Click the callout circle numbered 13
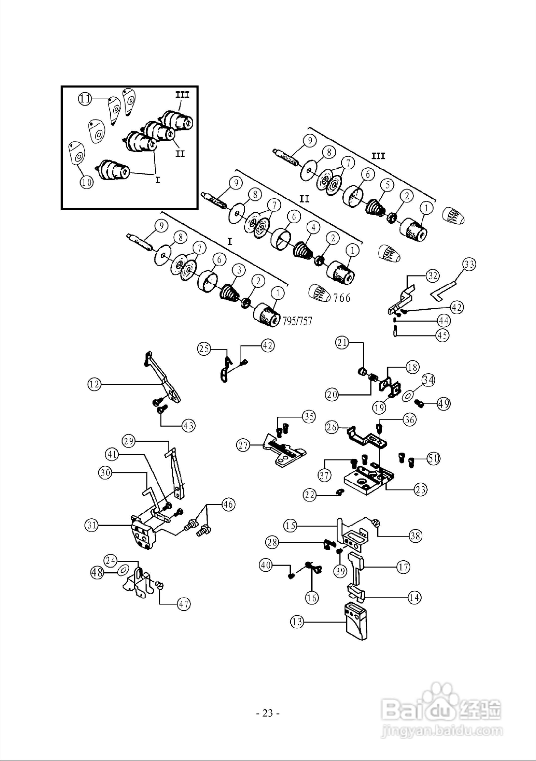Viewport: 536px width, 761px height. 297,621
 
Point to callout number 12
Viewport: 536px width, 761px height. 94,384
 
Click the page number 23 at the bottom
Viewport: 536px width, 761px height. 268,713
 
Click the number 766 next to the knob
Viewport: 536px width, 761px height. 341,298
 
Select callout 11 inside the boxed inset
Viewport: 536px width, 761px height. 85,99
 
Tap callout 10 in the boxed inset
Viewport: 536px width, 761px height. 86,182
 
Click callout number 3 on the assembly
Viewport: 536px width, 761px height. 239,270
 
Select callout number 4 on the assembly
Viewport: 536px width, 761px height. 313,227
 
